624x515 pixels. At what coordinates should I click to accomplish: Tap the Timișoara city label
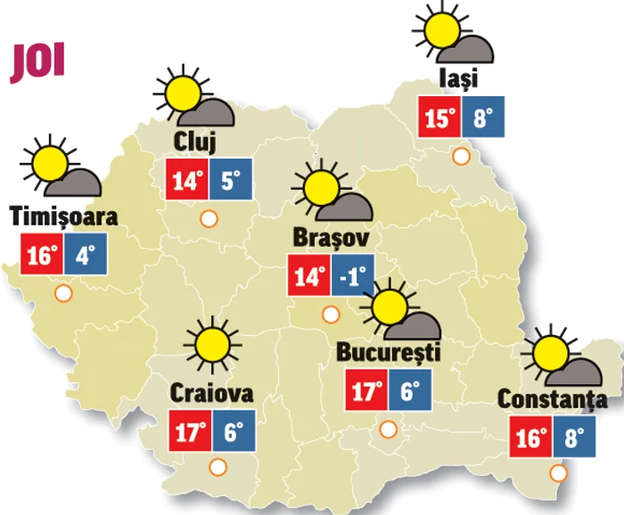[x=63, y=217]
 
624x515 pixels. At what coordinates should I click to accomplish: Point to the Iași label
[x=458, y=78]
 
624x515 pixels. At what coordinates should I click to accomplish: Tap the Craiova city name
[x=211, y=393]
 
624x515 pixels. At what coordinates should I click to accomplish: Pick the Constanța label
[x=552, y=400]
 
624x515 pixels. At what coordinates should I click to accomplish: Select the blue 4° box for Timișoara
[x=85, y=256]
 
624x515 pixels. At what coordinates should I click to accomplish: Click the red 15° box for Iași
[x=439, y=118]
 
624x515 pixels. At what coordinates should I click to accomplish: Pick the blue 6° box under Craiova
[x=234, y=433]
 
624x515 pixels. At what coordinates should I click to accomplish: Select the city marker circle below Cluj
[x=209, y=217]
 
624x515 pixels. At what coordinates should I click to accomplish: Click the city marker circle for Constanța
[x=559, y=472]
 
